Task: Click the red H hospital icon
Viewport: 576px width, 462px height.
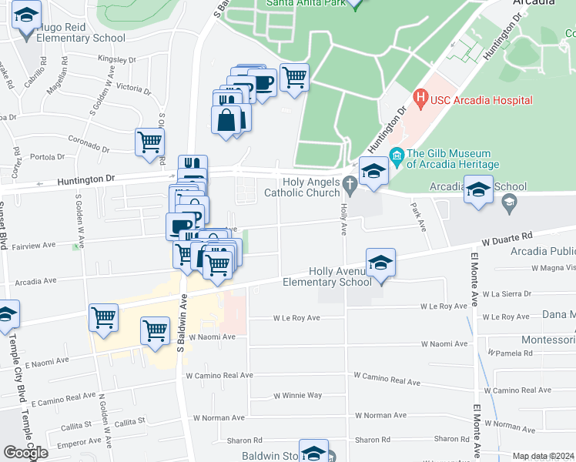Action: point(420,99)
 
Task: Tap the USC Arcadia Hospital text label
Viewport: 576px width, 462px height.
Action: point(481,100)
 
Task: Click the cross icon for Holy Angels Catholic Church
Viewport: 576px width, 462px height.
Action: point(350,183)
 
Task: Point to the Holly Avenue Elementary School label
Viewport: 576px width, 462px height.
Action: point(337,276)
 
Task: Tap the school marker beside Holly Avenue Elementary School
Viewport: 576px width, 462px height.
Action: point(380,263)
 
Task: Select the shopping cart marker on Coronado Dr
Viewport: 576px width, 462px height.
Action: point(149,142)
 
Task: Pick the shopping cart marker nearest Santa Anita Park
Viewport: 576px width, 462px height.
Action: point(293,78)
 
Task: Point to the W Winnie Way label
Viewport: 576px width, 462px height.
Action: point(297,395)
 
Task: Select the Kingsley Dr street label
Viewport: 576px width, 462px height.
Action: point(116,59)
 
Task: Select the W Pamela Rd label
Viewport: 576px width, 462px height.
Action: point(511,353)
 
